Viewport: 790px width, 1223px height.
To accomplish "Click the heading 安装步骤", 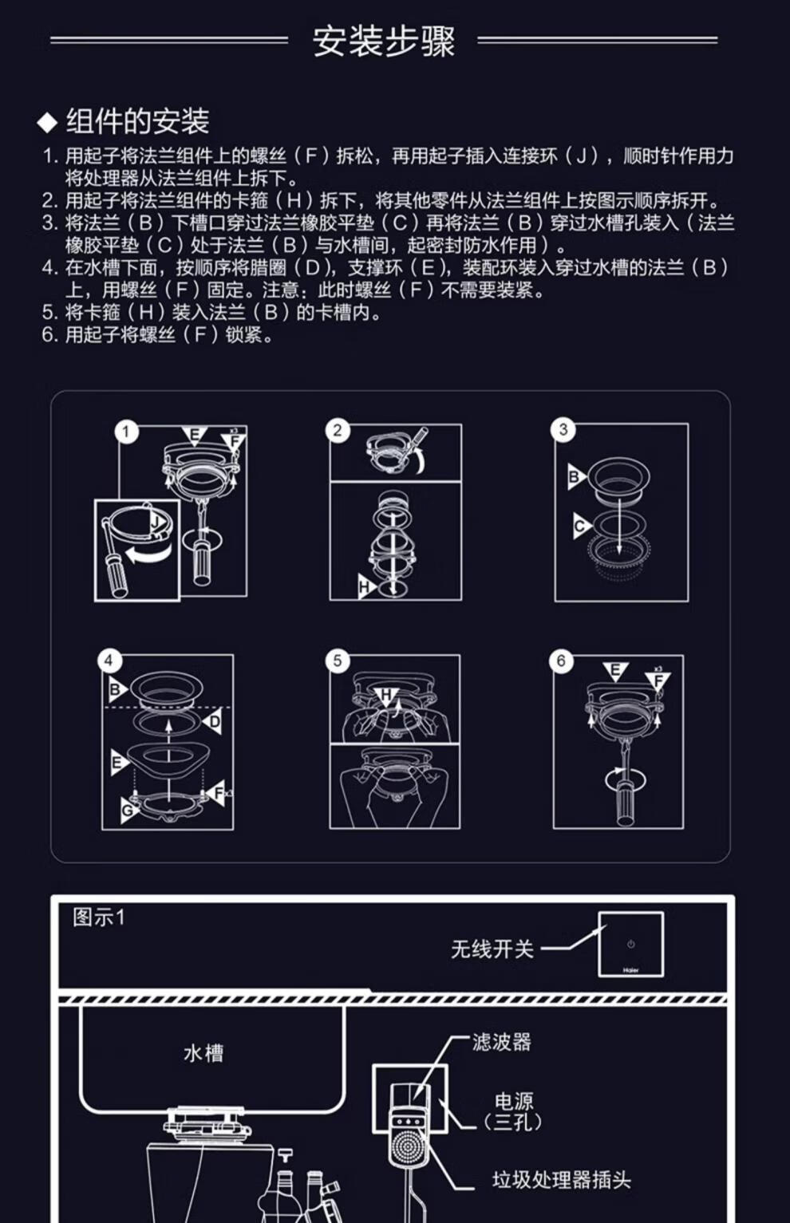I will (x=383, y=41).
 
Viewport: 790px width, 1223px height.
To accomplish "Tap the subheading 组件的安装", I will (x=137, y=121).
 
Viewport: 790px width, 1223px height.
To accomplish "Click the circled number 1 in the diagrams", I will (x=126, y=432).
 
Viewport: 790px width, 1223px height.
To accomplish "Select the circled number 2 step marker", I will (x=338, y=431).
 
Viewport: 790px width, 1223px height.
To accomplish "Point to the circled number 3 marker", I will (x=563, y=430).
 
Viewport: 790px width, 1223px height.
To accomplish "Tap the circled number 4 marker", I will (x=109, y=661).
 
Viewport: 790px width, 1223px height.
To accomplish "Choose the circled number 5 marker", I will (x=338, y=661).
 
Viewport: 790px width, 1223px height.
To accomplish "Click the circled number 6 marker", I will (x=561, y=661).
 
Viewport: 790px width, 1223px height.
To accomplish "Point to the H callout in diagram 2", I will (x=366, y=588).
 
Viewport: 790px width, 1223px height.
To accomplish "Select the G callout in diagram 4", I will (x=128, y=811).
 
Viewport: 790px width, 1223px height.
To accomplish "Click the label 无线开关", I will (x=492, y=949).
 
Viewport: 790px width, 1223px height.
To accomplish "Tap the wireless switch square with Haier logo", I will (x=630, y=944).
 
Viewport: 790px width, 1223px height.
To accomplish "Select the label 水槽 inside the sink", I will (x=203, y=1053).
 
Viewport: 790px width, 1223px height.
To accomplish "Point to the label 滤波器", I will (x=501, y=1042).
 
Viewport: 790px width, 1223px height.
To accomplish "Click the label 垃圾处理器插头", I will (x=561, y=1180).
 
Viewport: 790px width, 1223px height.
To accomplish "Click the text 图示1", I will (x=99, y=917).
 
